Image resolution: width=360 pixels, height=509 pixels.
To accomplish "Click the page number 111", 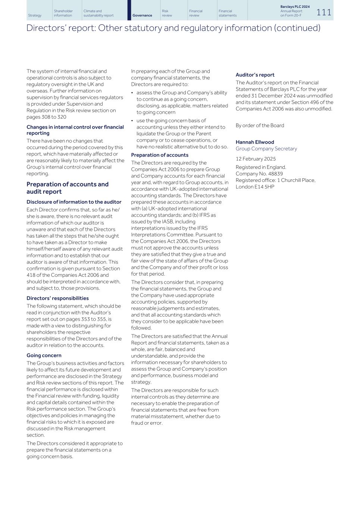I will tap(324, 12).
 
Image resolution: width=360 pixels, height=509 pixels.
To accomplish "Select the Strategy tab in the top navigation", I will tap(35, 15).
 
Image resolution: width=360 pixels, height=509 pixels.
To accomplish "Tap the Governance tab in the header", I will tap(142, 15).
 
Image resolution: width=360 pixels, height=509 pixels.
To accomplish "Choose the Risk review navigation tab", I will tap(167, 13).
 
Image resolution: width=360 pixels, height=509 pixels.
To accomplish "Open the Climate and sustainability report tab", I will tap(98, 13).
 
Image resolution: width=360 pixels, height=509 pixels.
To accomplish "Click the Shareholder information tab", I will tap(63, 13).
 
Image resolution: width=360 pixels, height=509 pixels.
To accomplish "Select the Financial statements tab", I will tap(228, 13).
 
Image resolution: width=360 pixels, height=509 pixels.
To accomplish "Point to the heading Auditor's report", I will tap(255, 75).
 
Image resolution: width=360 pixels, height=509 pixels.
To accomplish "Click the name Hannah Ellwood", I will tap(255, 142).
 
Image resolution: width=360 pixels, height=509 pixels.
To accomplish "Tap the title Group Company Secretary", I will tap(266, 149).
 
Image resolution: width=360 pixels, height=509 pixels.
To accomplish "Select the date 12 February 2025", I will tap(256, 159).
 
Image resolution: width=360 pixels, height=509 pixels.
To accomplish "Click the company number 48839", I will tap(275, 174).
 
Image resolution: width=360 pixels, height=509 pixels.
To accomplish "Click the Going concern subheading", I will tap(44, 355).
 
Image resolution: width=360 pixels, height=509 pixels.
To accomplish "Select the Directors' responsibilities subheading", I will tap(57, 298).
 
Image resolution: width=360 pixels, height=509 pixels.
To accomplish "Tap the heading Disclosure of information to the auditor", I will tap(74, 202).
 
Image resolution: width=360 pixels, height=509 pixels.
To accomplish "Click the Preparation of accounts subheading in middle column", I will tap(160, 155).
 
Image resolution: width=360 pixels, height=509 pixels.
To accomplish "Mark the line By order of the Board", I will tap(260, 126).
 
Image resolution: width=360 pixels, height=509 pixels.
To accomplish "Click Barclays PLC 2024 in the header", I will tap(295, 7).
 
